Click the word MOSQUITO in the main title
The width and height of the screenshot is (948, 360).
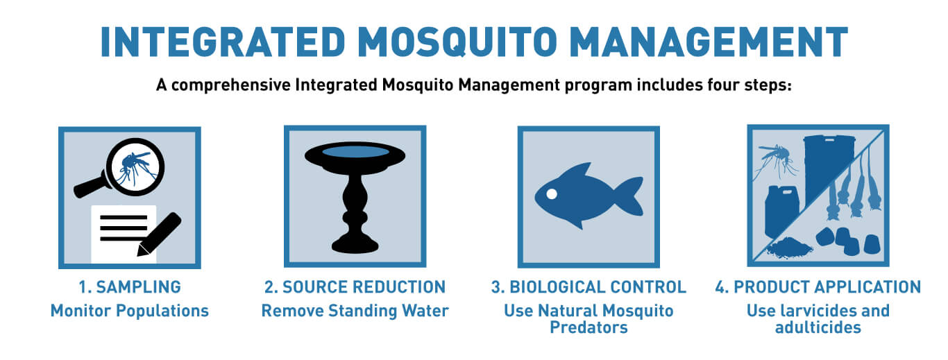pos(457,42)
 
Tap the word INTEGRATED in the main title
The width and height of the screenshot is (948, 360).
pos(223,42)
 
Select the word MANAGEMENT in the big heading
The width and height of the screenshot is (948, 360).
pos(709,42)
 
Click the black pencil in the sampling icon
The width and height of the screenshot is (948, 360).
pos(159,234)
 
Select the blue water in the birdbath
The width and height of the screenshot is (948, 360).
pos(355,151)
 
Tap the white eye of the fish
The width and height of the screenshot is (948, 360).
pos(552,194)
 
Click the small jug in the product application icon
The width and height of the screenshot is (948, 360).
pos(781,212)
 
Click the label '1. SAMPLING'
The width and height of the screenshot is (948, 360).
pos(130,286)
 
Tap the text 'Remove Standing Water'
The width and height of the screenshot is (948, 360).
pos(355,311)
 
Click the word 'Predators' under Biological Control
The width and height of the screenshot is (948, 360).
pos(589,327)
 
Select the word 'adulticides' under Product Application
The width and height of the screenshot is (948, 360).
pos(818,327)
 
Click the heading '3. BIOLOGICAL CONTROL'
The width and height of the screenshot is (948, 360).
pos(589,286)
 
